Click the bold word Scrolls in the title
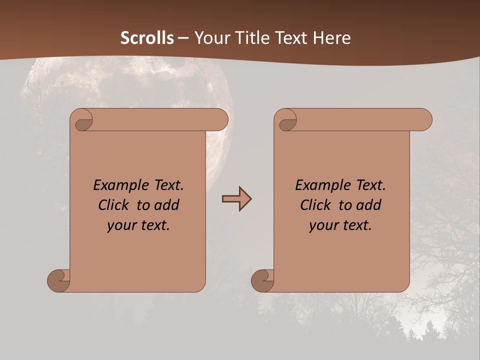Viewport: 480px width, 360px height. (x=147, y=38)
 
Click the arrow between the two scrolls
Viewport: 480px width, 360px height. (x=236, y=199)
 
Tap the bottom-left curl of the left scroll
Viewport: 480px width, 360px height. (x=59, y=280)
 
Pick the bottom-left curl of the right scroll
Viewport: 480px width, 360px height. (x=262, y=280)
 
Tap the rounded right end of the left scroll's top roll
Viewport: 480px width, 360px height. (x=220, y=119)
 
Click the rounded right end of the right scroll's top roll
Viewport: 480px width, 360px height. (x=424, y=119)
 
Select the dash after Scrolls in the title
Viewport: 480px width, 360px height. (x=183, y=38)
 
